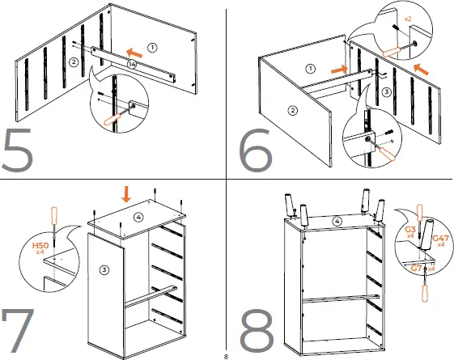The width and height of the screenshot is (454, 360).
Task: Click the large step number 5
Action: coord(17,150)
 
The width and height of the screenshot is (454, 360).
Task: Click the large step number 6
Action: coord(256,150)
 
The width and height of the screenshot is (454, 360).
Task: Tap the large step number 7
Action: coord(18,330)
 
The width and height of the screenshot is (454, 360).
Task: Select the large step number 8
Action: coord(257,331)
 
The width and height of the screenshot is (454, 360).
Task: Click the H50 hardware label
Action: coord(40,246)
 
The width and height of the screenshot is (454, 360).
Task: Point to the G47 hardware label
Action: coord(440,239)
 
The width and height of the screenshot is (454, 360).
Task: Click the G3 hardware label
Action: coord(410,230)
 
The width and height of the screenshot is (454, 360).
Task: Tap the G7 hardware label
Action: coord(416,269)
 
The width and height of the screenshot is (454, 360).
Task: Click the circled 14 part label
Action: coord(132,64)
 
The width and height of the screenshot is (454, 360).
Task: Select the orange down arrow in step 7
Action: coord(126,194)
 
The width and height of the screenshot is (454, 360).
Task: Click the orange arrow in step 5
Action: coord(134,53)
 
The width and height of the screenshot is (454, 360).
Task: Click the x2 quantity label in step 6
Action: coord(408,19)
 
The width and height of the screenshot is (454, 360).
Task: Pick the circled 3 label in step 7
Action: coord(104,270)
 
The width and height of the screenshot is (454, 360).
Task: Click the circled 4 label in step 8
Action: coord(337,222)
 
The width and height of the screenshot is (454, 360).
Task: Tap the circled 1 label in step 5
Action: coord(152,48)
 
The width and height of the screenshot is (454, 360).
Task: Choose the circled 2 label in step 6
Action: coord(293,110)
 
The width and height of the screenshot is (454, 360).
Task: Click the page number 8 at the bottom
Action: coord(226,356)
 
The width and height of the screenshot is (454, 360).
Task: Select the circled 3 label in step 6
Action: coord(387,92)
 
